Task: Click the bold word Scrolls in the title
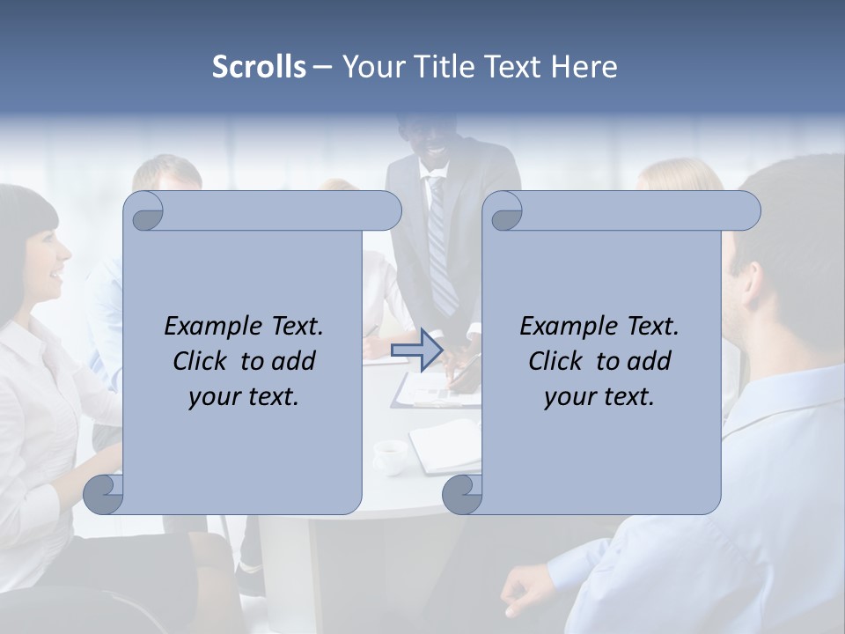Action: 260,66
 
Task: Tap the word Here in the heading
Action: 584,66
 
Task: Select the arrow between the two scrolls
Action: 417,350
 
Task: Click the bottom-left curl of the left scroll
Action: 104,494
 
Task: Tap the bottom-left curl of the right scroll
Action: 463,494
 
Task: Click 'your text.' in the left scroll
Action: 244,396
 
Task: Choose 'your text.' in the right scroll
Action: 599,396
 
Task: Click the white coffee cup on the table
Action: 390,456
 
